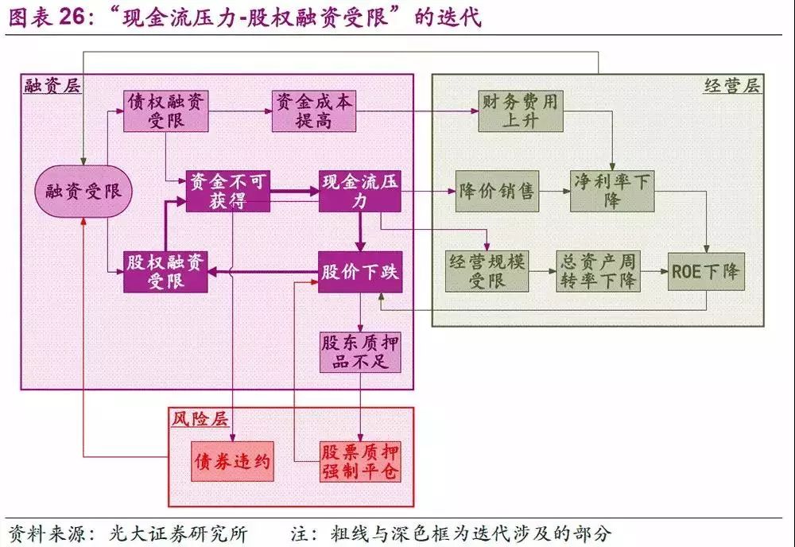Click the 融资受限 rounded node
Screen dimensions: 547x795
coord(83,191)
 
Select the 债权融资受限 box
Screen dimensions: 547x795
coord(166,111)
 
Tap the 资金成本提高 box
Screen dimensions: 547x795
coord(313,111)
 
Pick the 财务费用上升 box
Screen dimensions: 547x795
coord(521,111)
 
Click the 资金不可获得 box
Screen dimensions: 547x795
coord(228,191)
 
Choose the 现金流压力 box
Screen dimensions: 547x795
coord(360,191)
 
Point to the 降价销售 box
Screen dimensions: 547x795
coord(498,191)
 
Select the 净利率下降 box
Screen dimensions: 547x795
coord(612,191)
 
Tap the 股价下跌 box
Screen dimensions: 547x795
coord(360,272)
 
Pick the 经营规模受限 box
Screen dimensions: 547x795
coord(487,272)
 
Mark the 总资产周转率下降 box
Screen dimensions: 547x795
coord(598,272)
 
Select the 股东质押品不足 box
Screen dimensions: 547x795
coord(360,352)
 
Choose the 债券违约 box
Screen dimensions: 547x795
coord(233,461)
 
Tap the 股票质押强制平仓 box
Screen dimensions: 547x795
coord(360,461)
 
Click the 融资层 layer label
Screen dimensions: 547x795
coord(52,86)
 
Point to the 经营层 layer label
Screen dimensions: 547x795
coord(732,86)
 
